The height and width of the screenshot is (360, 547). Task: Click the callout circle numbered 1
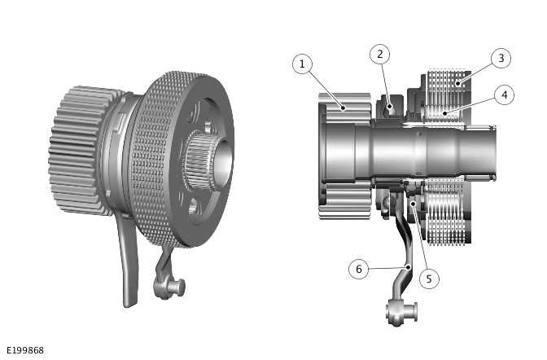[303, 64]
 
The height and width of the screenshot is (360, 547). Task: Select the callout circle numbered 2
[379, 55]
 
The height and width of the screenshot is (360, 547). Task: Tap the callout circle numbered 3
[501, 58]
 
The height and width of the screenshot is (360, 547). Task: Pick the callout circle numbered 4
[504, 95]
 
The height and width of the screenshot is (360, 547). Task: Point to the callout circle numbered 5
[429, 278]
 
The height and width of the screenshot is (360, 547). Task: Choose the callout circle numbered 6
[359, 268]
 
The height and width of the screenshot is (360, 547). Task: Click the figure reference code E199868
[25, 350]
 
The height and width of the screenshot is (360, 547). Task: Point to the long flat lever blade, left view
[127, 261]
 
